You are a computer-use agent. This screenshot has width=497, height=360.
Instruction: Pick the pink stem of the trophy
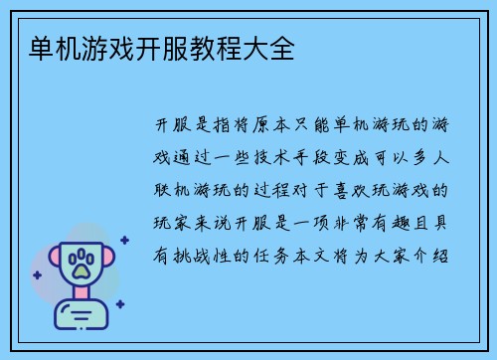83,299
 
